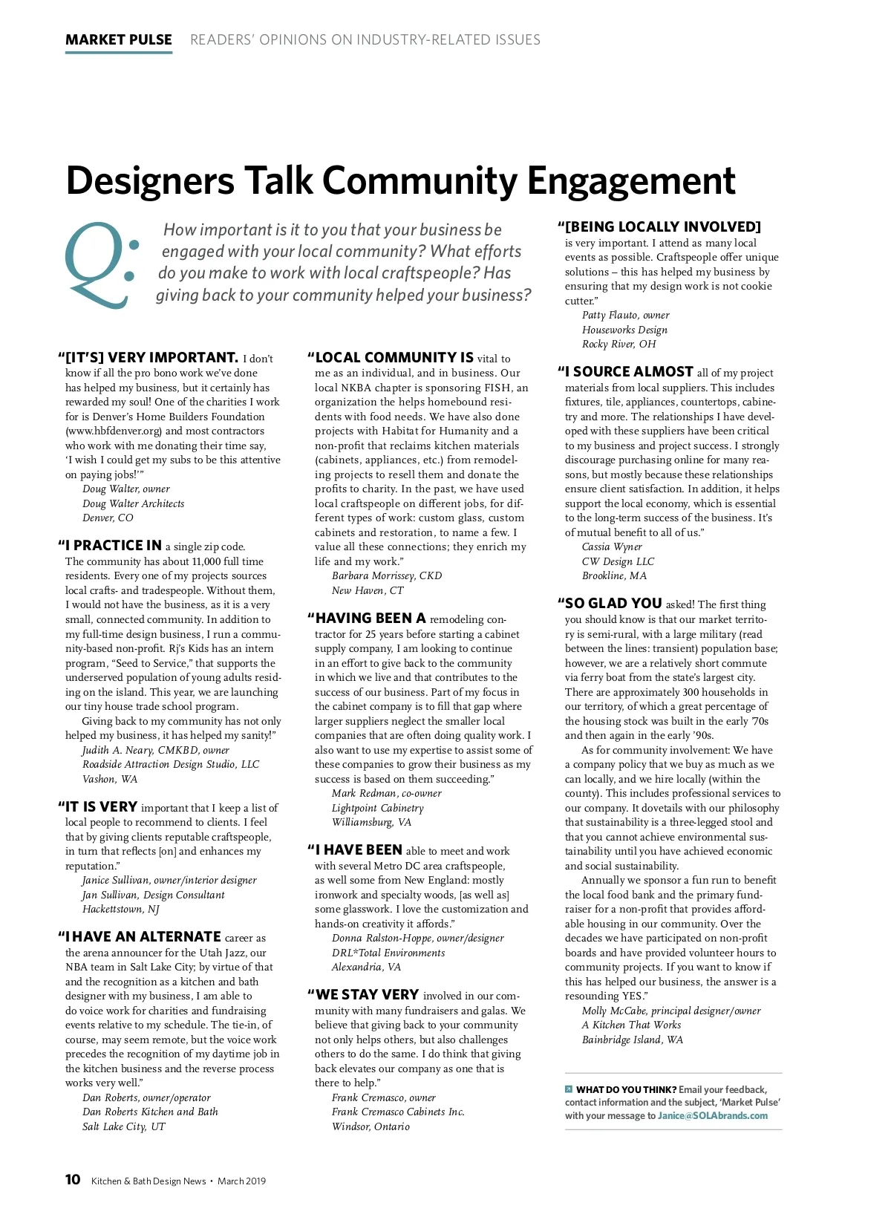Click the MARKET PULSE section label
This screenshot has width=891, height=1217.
(119, 40)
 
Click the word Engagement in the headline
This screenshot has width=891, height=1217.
(631, 180)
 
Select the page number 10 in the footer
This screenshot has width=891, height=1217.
(73, 1179)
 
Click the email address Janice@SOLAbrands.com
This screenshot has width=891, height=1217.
(713, 1115)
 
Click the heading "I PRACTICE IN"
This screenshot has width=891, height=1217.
(113, 546)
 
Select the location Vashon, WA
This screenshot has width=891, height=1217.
(110, 779)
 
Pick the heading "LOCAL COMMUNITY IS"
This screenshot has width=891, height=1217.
(394, 358)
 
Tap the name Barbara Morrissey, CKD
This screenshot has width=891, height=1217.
(387, 575)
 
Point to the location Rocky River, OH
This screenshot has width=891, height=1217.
(619, 344)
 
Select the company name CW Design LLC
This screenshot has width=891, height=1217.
(618, 561)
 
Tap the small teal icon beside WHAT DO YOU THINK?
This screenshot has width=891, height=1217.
(569, 1089)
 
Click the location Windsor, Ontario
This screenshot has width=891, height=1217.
(371, 1126)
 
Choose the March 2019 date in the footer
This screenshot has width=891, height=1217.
(241, 1181)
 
